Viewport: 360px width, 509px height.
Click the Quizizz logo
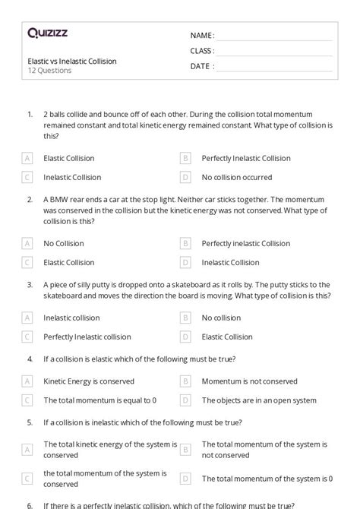pyautogui.click(x=46, y=33)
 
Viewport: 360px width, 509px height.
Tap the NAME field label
pyautogui.click(x=202, y=35)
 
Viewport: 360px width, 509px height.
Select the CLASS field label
pyautogui.click(x=202, y=50)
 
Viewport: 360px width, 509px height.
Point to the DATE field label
pyautogui.click(x=201, y=66)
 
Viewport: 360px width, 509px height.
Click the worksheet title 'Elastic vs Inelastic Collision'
pyautogui.click(x=71, y=61)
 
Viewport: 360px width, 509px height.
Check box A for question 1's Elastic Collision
pyautogui.click(x=28, y=158)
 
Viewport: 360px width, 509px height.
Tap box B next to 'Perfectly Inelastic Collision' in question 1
pyautogui.click(x=185, y=158)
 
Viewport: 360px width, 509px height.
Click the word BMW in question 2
pyautogui.click(x=61, y=200)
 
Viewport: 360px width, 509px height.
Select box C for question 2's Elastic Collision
pyautogui.click(x=28, y=262)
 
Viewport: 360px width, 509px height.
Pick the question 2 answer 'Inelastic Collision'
pyautogui.click(x=230, y=262)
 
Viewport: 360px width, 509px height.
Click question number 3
pyautogui.click(x=30, y=284)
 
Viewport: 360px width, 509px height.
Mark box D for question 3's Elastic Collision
pyautogui.click(x=185, y=336)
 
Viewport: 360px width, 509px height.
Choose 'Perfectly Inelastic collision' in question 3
pyautogui.click(x=87, y=336)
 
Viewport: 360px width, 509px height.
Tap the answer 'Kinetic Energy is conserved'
pyautogui.click(x=89, y=381)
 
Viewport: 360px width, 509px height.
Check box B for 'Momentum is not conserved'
pyautogui.click(x=185, y=381)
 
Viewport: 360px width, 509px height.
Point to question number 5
pyautogui.click(x=30, y=422)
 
